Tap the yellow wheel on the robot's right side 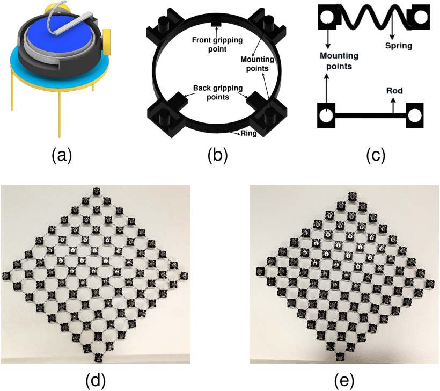pyautogui.click(x=107, y=42)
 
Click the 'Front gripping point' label pyautogui.click(x=217, y=45)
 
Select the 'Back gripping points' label pyautogui.click(x=218, y=92)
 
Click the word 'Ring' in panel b pyautogui.click(x=248, y=133)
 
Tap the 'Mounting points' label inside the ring pyautogui.click(x=257, y=64)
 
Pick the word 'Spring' pyautogui.click(x=399, y=46)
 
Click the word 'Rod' pyautogui.click(x=394, y=91)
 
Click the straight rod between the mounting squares pyautogui.click(x=370, y=115)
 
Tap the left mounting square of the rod pyautogui.click(x=326, y=115)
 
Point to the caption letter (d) pyautogui.click(x=96, y=380)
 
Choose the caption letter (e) pyautogui.click(x=344, y=380)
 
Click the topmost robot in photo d pyautogui.click(x=96, y=192)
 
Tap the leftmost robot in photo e pyautogui.click(x=261, y=271)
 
